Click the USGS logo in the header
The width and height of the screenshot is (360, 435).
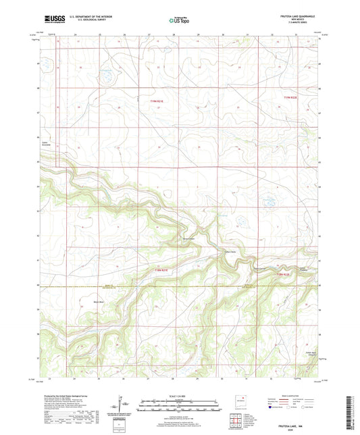click(54, 20)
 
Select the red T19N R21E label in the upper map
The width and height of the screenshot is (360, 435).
click(157, 101)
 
